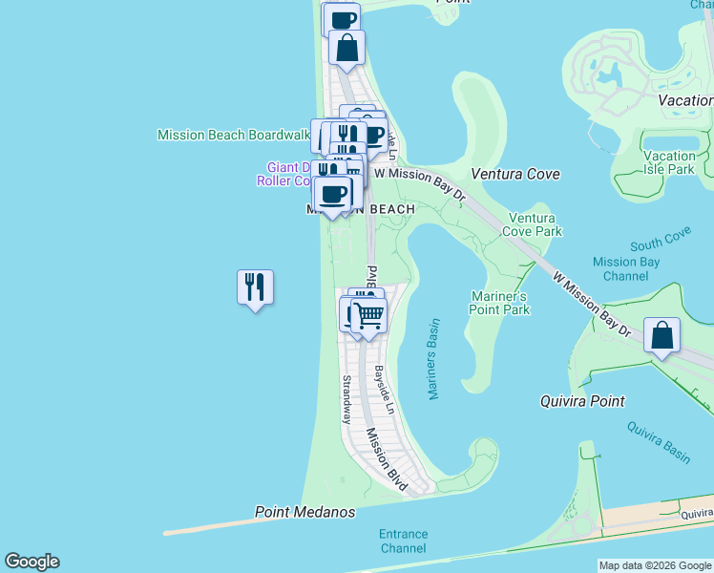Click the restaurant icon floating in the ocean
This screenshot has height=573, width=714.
tap(255, 286)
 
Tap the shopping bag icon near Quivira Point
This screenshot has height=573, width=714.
tap(661, 335)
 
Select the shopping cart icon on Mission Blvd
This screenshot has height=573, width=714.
tap(369, 313)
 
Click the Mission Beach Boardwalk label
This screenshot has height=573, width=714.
tap(234, 135)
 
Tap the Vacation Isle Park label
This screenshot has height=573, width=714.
tap(669, 162)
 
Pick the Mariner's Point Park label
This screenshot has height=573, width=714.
tap(500, 303)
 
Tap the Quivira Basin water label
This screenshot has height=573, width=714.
tap(658, 442)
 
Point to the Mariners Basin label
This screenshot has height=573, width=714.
tap(434, 359)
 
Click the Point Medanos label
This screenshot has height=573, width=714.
tap(304, 513)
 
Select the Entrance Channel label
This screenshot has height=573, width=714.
tap(403, 541)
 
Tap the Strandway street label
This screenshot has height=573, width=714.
tap(346, 399)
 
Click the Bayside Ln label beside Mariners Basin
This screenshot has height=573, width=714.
tap(384, 389)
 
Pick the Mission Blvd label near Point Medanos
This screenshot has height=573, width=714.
tap(387, 459)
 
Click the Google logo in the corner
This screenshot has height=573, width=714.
tap(31, 562)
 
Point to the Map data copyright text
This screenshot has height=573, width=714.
tap(655, 565)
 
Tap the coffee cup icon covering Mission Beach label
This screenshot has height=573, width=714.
tap(333, 194)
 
